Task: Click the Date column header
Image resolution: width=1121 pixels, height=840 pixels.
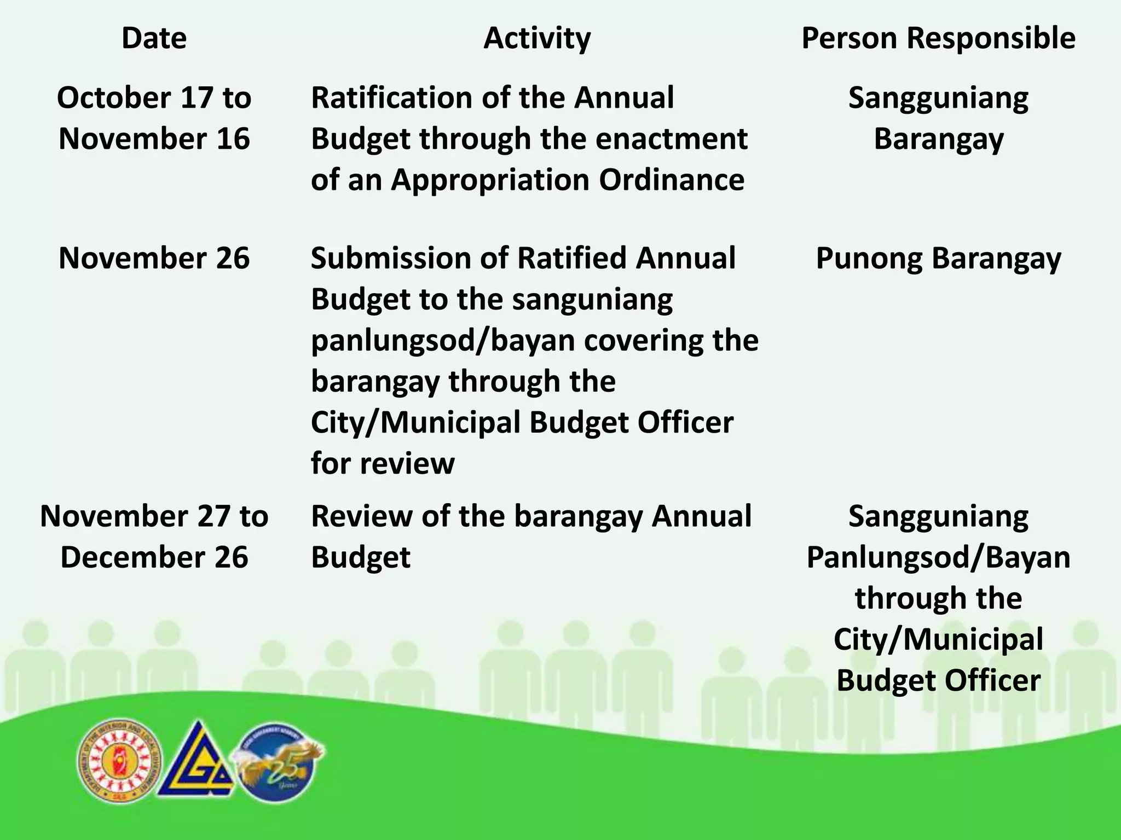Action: coord(154,38)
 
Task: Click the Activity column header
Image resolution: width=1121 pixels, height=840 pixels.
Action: coord(537,38)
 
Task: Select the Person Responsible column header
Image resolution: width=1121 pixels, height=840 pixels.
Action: coord(938,38)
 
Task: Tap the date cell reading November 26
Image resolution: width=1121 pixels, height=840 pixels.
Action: coord(154,258)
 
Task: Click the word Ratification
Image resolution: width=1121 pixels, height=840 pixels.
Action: coord(391,98)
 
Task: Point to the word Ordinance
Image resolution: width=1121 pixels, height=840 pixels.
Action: coord(672,180)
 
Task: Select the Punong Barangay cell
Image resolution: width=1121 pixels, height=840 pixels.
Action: coord(938,258)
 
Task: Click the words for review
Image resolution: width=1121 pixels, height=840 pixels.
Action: coord(383,464)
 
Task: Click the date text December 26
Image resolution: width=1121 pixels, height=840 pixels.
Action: coord(154,557)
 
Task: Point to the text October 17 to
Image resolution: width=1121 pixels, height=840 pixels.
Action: coord(154,98)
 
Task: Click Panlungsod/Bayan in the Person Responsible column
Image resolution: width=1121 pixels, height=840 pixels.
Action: coord(938,557)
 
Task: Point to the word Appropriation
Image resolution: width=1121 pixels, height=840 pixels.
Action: coord(490,180)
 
